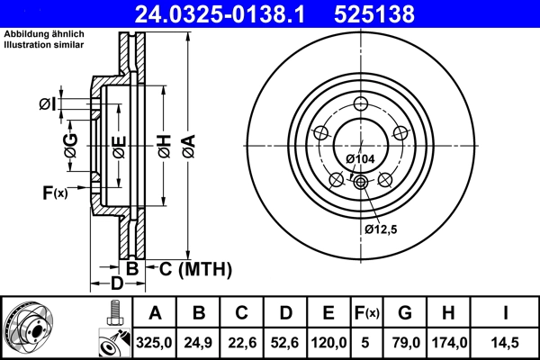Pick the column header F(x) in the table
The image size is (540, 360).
tap(367, 313)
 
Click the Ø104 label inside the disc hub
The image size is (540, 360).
tap(360, 159)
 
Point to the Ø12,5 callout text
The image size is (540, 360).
tap(382, 229)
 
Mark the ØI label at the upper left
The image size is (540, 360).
tap(48, 105)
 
